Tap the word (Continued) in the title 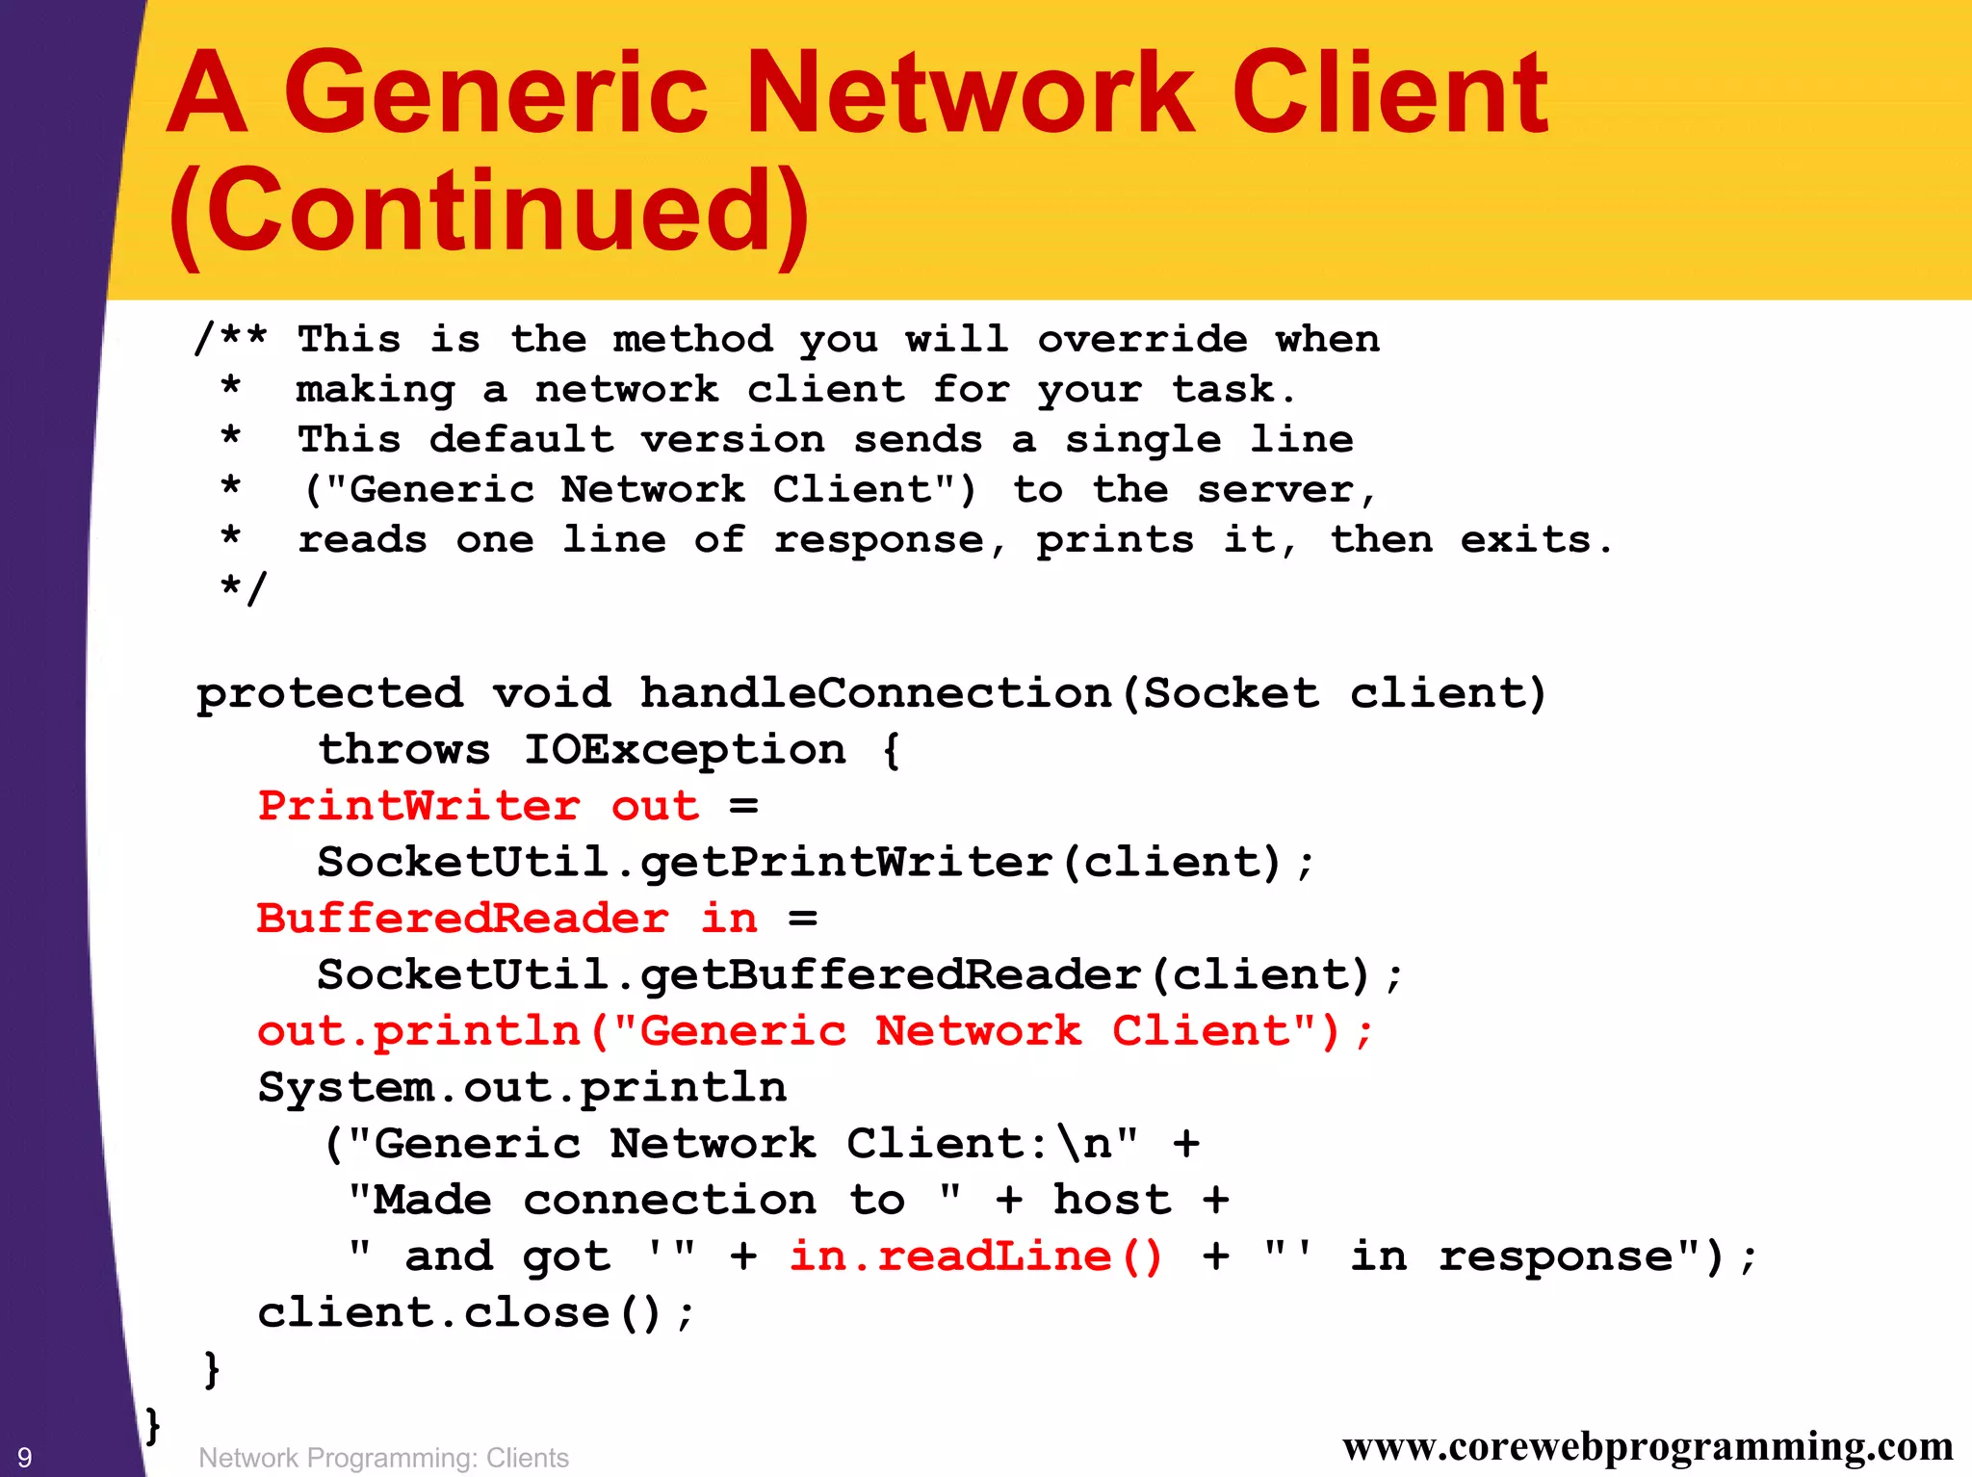(489, 211)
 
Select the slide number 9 (25, 1457)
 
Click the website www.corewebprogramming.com (1648, 1446)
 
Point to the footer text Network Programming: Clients (383, 1458)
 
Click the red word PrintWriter (419, 806)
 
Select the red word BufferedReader (462, 919)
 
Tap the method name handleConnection (876, 693)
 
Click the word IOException (685, 750)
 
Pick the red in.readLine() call (975, 1257)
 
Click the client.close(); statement (475, 1313)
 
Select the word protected (329, 694)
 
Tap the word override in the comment (1142, 339)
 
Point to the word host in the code (1112, 1201)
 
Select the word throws (404, 750)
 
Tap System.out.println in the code (522, 1088)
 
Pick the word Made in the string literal (432, 1201)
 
